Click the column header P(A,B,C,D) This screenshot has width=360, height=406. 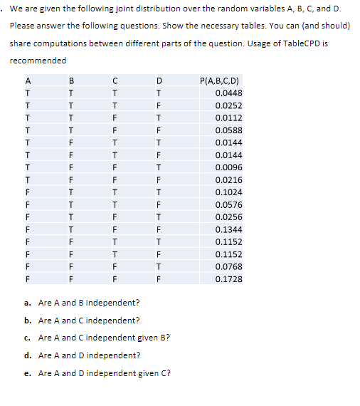pos(221,80)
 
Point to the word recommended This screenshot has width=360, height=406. pos(38,61)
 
